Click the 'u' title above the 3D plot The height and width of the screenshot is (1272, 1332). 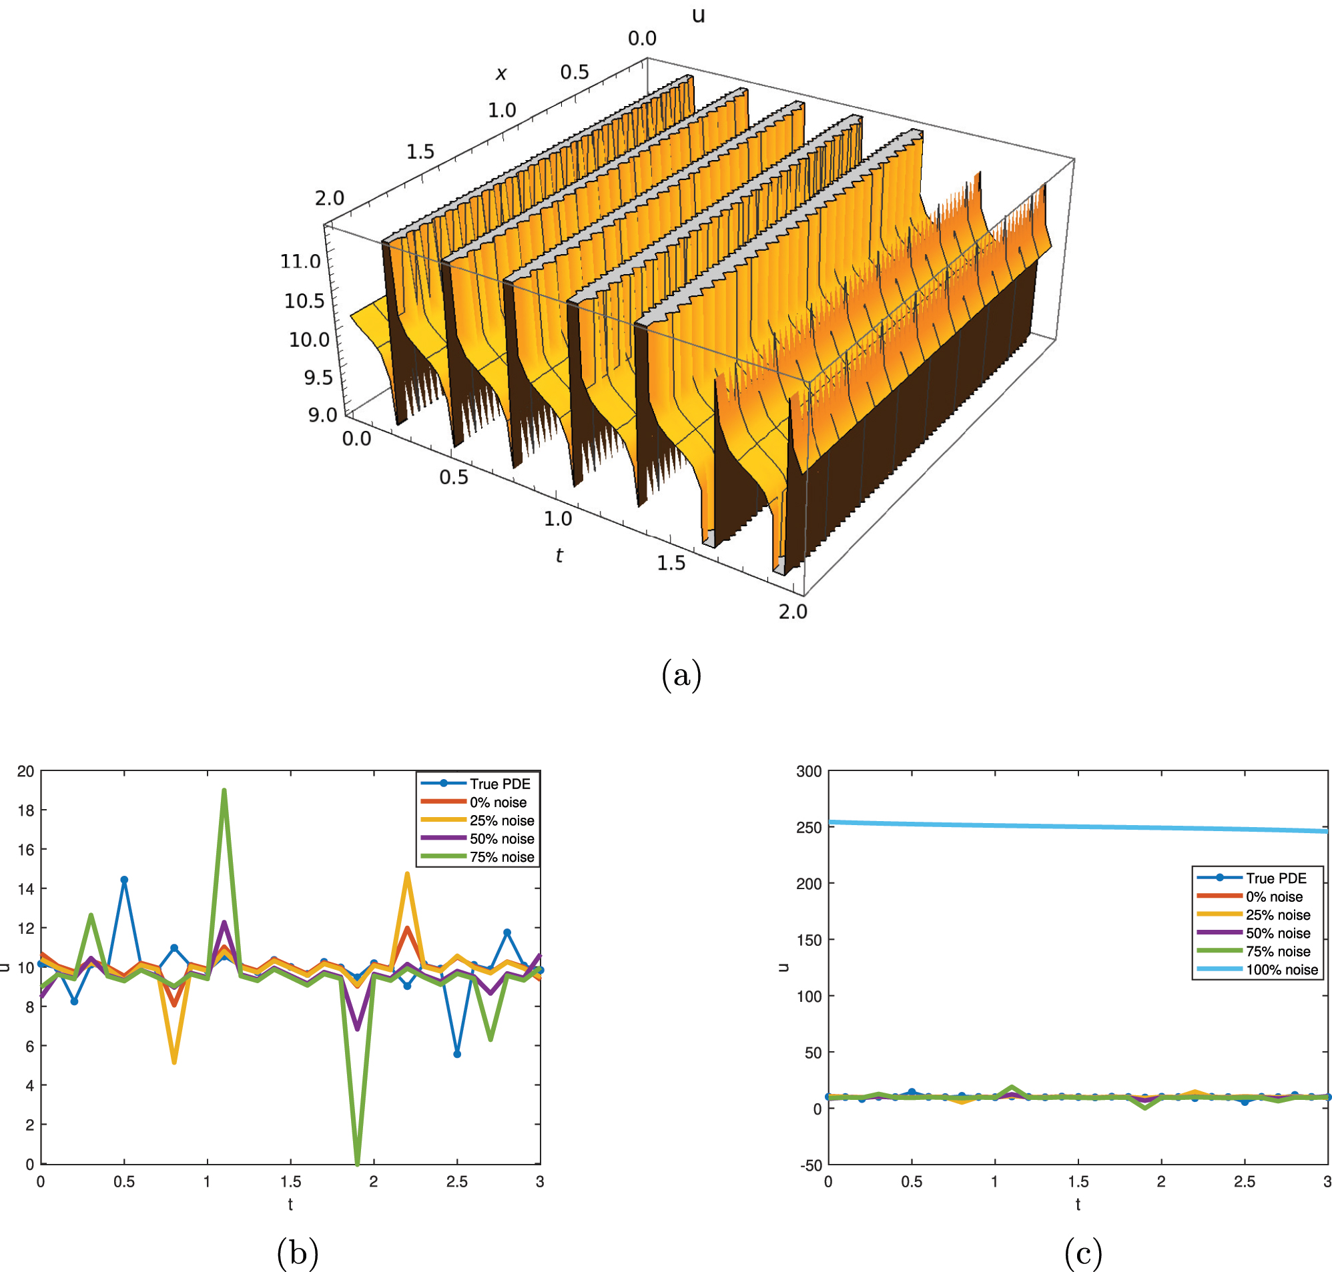click(698, 15)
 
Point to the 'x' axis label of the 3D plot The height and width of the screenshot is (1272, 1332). click(501, 73)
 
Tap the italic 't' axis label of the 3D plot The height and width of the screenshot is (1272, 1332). click(559, 556)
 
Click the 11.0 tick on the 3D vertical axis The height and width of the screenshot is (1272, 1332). click(300, 261)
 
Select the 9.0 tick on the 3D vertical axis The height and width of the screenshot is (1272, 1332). click(322, 415)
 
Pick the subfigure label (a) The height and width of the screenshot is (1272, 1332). click(681, 675)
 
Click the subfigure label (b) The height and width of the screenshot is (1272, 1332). click(297, 1253)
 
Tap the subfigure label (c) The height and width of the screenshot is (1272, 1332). click(1083, 1253)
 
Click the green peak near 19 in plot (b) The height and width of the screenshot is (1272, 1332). click(224, 790)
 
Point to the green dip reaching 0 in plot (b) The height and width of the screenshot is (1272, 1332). click(358, 1162)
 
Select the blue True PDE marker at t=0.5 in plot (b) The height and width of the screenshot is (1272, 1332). click(124, 879)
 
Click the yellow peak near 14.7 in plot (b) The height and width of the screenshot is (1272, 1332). click(407, 874)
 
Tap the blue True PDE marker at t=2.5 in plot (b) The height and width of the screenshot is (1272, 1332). click(457, 1054)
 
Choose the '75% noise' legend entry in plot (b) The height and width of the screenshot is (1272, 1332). click(501, 857)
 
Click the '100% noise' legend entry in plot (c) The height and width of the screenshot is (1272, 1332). click(1281, 970)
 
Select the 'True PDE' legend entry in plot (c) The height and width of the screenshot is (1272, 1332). click(1276, 878)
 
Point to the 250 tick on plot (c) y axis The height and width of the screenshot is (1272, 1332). click(808, 827)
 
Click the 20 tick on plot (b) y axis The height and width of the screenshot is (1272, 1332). click(25, 771)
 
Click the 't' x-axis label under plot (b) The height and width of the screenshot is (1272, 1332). click(290, 1204)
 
